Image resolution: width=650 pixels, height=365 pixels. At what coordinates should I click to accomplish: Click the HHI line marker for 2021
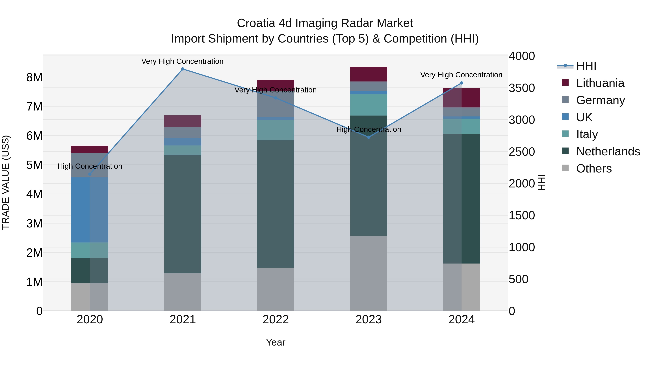click(183, 69)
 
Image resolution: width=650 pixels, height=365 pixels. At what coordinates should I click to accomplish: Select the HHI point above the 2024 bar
click(461, 83)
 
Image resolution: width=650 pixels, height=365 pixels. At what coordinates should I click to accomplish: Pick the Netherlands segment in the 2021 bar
click(183, 214)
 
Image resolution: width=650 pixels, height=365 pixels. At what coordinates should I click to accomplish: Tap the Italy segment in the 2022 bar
click(276, 130)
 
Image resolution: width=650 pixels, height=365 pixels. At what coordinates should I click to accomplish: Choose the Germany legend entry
click(601, 100)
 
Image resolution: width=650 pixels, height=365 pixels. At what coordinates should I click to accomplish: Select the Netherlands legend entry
click(608, 151)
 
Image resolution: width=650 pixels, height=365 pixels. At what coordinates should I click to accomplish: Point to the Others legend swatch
click(565, 168)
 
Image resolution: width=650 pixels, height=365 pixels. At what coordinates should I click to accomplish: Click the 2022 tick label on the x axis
click(276, 320)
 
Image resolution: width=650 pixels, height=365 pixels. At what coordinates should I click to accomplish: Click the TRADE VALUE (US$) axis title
click(6, 182)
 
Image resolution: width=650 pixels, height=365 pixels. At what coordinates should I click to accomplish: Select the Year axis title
click(276, 342)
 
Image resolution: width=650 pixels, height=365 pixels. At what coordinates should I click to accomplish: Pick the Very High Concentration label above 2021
click(182, 61)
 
